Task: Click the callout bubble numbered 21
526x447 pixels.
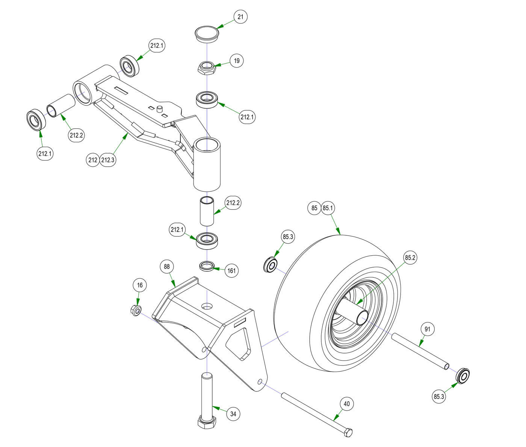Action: click(x=240, y=17)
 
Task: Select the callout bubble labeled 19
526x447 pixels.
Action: click(x=236, y=61)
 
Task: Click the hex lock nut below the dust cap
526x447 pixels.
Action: click(x=206, y=68)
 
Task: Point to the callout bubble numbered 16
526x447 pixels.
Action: click(x=140, y=285)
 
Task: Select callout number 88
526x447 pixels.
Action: click(x=167, y=267)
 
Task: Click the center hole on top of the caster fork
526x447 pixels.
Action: click(x=206, y=306)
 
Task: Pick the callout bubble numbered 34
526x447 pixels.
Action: click(x=233, y=414)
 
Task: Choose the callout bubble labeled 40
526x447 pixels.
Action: click(x=346, y=404)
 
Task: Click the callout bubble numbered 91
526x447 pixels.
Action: click(x=427, y=329)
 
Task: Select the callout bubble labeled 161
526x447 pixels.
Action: click(x=232, y=271)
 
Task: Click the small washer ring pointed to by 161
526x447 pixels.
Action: click(x=206, y=266)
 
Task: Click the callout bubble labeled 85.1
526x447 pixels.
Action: click(x=328, y=208)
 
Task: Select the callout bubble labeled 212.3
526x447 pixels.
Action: click(x=107, y=160)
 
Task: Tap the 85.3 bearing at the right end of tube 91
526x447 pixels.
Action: click(x=463, y=376)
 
